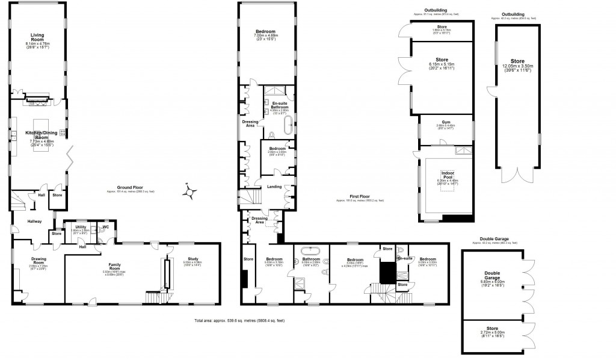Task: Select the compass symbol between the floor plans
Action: tap(191, 192)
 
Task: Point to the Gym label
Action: tap(446, 122)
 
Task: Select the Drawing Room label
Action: tap(38, 261)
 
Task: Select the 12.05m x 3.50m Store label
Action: tap(517, 61)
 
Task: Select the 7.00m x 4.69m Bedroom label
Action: tap(265, 31)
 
